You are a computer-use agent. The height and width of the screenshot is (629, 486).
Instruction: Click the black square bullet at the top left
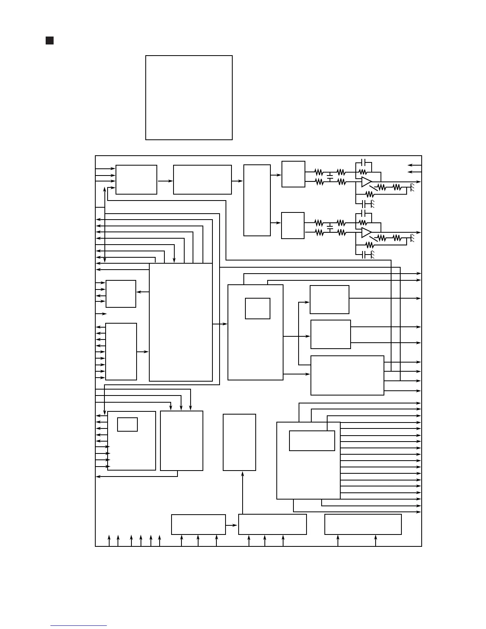tap(50, 41)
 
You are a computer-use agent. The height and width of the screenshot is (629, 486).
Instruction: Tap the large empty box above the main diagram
tap(189, 98)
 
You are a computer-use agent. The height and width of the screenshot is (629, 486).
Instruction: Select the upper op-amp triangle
tap(366, 182)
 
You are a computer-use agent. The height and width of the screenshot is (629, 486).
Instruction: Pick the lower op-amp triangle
tap(366, 232)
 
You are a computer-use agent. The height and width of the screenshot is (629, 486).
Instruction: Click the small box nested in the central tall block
tap(258, 309)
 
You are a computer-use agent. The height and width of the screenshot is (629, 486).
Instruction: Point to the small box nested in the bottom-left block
tap(127, 424)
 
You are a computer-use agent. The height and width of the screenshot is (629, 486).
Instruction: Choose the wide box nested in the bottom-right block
tap(312, 441)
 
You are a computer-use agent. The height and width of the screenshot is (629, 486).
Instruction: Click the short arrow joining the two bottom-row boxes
tap(232, 525)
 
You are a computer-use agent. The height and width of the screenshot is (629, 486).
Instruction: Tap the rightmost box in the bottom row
tap(363, 525)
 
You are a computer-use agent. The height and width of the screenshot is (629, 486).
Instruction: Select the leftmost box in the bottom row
tap(199, 525)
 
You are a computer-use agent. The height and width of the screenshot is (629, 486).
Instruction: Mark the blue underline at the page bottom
tap(79, 625)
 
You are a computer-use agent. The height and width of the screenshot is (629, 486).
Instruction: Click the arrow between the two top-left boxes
tap(165, 181)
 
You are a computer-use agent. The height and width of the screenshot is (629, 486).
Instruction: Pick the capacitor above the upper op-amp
tap(363, 163)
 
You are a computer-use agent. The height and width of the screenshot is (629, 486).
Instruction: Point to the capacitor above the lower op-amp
tap(363, 214)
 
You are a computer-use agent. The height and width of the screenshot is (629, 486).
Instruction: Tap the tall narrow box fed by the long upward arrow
tap(239, 442)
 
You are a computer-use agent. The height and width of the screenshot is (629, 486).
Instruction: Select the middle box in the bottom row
tap(272, 525)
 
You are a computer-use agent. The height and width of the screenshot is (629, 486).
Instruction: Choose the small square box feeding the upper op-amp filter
tap(293, 174)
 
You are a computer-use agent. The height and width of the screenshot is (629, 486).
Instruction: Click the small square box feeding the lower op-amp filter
tap(293, 226)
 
